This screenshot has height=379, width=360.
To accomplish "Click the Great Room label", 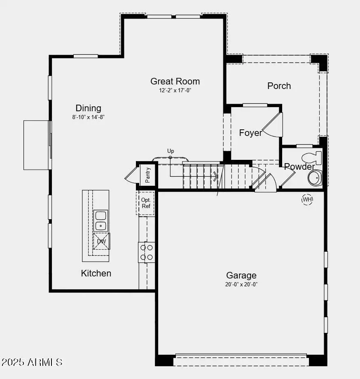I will tap(175, 82).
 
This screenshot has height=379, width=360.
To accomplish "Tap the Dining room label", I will tap(88, 108).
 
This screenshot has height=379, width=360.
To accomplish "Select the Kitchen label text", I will tap(96, 273).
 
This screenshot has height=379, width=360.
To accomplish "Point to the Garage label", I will tap(241, 275).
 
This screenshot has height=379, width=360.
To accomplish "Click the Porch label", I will tap(279, 86).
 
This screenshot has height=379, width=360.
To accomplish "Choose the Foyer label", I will tap(250, 133).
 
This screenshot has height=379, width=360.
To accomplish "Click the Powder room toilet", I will tap(311, 157).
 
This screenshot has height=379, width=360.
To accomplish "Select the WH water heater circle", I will tap(307, 200).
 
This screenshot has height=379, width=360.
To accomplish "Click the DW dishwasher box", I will tap(101, 241).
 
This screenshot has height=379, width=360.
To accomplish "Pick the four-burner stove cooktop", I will tap(146, 252).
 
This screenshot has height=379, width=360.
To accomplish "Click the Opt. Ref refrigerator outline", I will tap(145, 203).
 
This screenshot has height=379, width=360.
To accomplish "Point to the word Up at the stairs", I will tap(171, 151).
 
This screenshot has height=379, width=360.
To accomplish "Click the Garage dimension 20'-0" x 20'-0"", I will tap(241, 284).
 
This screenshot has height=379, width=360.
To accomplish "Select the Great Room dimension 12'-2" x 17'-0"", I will tap(175, 91).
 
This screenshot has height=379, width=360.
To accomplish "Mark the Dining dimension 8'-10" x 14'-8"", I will tap(88, 117).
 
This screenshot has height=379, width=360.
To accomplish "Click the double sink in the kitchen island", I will tap(101, 220).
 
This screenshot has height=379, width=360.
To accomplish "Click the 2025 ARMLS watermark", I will tap(32, 362).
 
